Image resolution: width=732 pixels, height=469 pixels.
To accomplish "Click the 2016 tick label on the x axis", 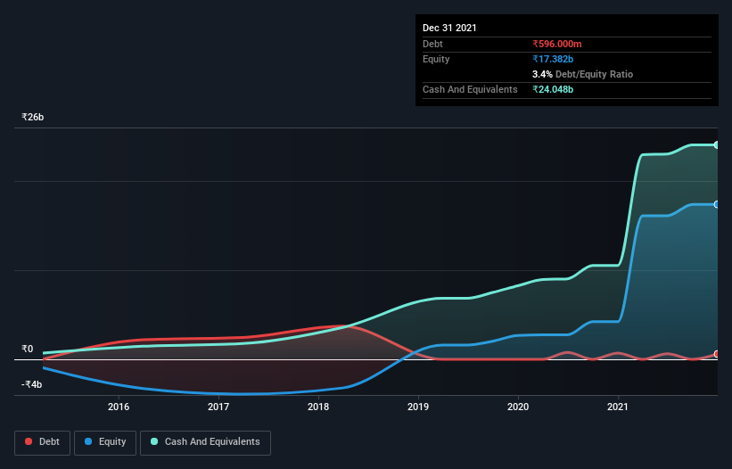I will click(x=119, y=407).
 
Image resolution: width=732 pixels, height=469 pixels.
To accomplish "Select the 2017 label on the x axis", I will click(x=218, y=407).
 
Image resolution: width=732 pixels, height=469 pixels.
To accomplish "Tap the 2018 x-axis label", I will click(x=318, y=407).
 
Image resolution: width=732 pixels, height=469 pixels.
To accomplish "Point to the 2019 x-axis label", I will click(x=418, y=407).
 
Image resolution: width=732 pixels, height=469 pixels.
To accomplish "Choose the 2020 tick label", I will click(x=518, y=407).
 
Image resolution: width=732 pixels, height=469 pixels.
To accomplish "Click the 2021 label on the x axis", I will click(x=618, y=407).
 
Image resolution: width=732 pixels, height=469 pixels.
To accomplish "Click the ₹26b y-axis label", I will click(x=33, y=118).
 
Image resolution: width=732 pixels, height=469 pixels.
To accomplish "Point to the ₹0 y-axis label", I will click(x=28, y=349).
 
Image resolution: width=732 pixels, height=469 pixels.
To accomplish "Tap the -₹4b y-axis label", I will click(x=31, y=384).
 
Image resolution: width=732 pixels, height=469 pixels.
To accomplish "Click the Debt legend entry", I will click(x=43, y=441).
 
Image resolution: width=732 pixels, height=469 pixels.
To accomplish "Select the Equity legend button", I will click(x=106, y=441).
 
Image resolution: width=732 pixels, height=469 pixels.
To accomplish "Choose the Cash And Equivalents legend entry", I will click(x=205, y=441).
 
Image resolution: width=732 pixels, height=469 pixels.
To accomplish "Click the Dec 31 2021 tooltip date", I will click(x=449, y=28).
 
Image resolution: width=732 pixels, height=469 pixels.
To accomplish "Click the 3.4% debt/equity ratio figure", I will click(x=543, y=74).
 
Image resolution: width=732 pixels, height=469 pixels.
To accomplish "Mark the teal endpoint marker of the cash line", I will click(x=717, y=144).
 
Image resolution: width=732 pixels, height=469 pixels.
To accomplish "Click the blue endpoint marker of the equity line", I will click(x=717, y=204).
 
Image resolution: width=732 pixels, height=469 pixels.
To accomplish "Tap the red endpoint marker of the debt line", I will click(x=717, y=355).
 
